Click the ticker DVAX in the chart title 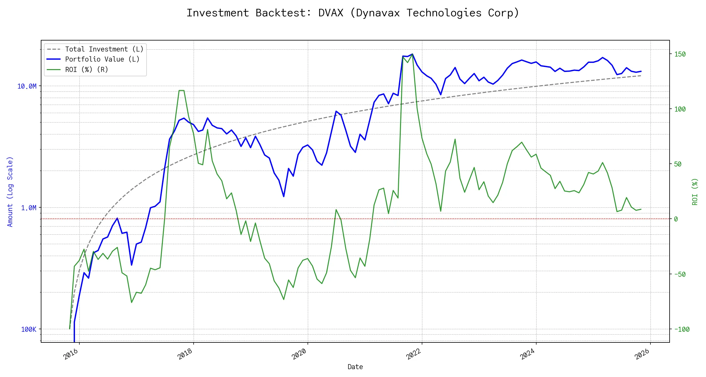tap(331, 13)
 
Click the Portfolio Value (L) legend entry tap(102, 59)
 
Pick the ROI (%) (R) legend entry tap(87, 69)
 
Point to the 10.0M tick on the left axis tap(27, 86)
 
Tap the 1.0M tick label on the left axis tap(29, 208)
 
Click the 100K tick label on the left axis tap(29, 330)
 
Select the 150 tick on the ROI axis tap(680, 54)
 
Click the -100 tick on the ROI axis tap(682, 330)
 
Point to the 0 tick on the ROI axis tap(676, 219)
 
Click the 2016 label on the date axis tap(71, 354)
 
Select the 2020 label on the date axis tap(299, 354)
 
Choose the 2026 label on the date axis tap(642, 354)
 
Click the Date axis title tap(355, 367)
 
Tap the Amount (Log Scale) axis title tap(10, 192)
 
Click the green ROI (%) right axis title tap(695, 192)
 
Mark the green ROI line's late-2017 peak tap(181, 90)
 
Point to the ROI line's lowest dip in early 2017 tap(131, 303)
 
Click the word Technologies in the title tap(444, 13)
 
